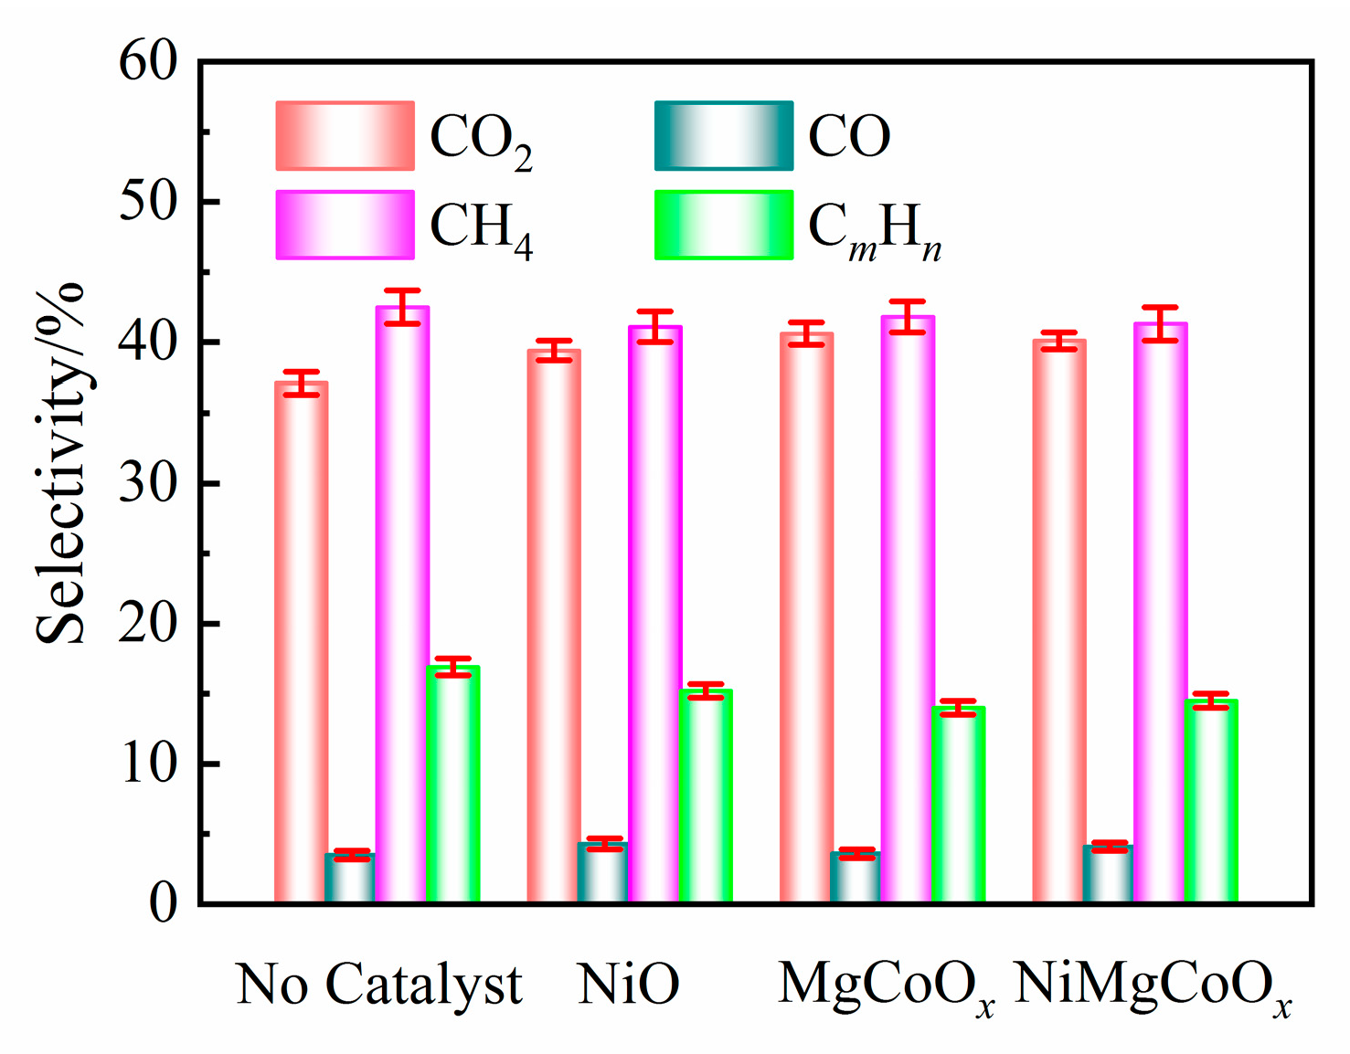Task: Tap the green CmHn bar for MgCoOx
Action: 958,804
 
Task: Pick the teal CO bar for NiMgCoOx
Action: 1108,874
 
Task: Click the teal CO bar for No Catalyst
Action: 350,878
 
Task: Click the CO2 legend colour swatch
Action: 345,136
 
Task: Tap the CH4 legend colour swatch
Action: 345,225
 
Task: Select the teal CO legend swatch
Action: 723,136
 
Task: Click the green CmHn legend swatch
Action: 723,225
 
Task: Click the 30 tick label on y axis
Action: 148,483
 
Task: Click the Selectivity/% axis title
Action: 60,464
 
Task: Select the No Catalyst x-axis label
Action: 378,985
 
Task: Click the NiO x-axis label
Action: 629,985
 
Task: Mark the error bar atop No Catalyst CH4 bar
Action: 402,307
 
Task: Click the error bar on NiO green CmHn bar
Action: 706,690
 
